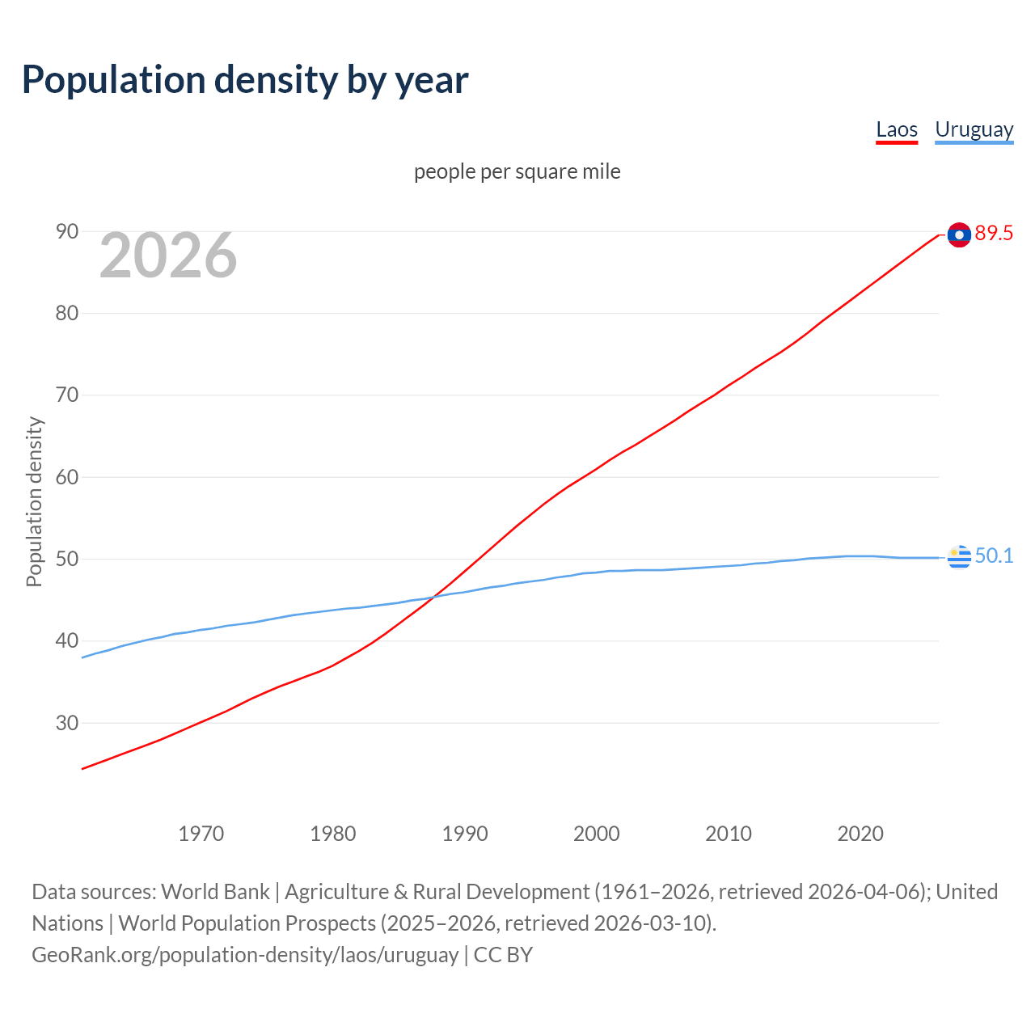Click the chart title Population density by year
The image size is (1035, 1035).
click(x=245, y=80)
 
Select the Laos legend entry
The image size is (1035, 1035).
click(x=897, y=129)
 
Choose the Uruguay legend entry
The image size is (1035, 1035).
click(x=974, y=129)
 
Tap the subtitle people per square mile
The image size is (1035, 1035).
click(x=517, y=171)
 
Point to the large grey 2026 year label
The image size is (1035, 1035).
click(x=168, y=256)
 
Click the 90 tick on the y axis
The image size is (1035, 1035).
click(x=67, y=232)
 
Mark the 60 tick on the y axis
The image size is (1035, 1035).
click(x=67, y=477)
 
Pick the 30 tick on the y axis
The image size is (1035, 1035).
click(x=67, y=723)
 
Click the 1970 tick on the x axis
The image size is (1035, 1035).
click(x=201, y=834)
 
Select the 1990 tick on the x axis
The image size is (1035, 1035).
click(x=465, y=834)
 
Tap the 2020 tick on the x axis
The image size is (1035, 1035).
click(x=860, y=834)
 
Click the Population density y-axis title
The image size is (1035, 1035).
click(x=34, y=501)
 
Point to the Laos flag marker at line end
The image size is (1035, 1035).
click(x=959, y=234)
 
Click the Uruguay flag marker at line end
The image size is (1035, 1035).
click(x=959, y=557)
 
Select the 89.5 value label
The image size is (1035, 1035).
click(x=994, y=234)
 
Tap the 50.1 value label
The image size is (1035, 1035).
click(x=994, y=556)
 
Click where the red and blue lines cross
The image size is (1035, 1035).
click(x=434, y=597)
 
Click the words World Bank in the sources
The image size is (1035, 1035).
click(x=215, y=892)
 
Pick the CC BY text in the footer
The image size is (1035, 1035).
click(x=503, y=955)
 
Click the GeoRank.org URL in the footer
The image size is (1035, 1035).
click(x=245, y=955)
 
